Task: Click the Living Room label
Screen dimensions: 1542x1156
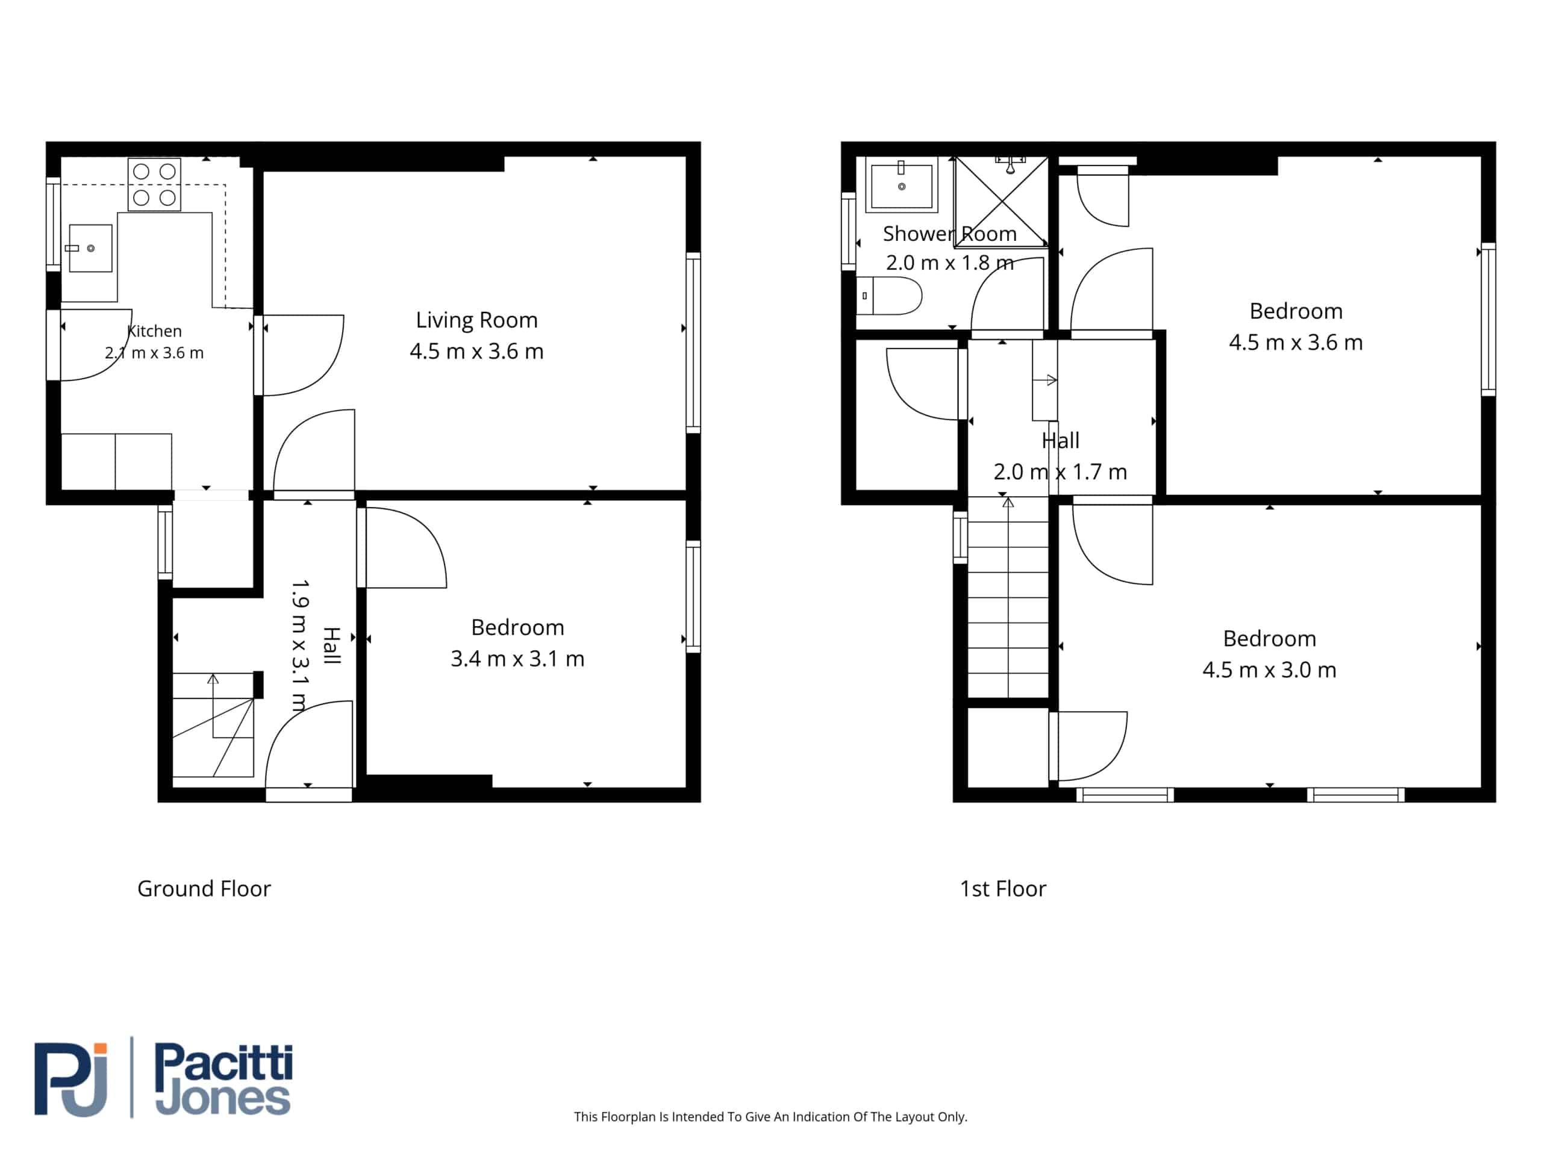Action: coord(477,320)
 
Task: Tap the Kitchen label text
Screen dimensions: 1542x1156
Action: coord(154,331)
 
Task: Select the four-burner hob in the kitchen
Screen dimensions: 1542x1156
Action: coord(154,185)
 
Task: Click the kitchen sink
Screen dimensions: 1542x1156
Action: coord(90,248)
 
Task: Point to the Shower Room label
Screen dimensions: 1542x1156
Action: coord(949,234)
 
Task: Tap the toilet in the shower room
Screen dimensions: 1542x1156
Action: coord(889,296)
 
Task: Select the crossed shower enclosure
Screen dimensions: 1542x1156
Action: coord(1002,201)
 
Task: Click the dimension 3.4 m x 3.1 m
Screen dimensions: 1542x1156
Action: coord(517,659)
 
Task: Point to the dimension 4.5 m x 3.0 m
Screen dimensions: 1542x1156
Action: coord(1269,670)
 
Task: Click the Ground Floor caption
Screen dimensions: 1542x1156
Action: coord(204,889)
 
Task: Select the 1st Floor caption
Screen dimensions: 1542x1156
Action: coord(1003,889)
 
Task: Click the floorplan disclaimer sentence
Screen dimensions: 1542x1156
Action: coord(770,1116)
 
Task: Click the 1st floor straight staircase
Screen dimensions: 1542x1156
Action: coord(1008,597)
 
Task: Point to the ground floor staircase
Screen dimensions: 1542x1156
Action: coord(213,725)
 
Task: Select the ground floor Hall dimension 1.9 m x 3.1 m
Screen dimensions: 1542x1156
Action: coord(299,646)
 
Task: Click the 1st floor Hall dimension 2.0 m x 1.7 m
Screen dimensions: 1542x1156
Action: coord(1060,472)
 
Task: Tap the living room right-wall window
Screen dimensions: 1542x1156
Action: coord(693,343)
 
